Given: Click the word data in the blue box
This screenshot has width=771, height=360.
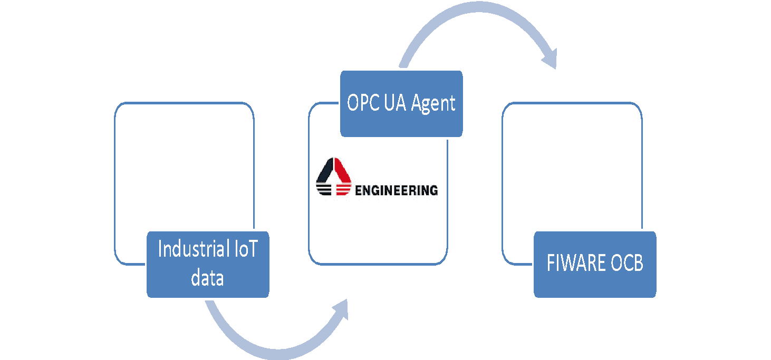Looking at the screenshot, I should click(x=207, y=277).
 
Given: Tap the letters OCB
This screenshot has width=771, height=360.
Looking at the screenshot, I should click(x=627, y=264).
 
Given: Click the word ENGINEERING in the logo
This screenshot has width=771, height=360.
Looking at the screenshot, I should click(x=397, y=190).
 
